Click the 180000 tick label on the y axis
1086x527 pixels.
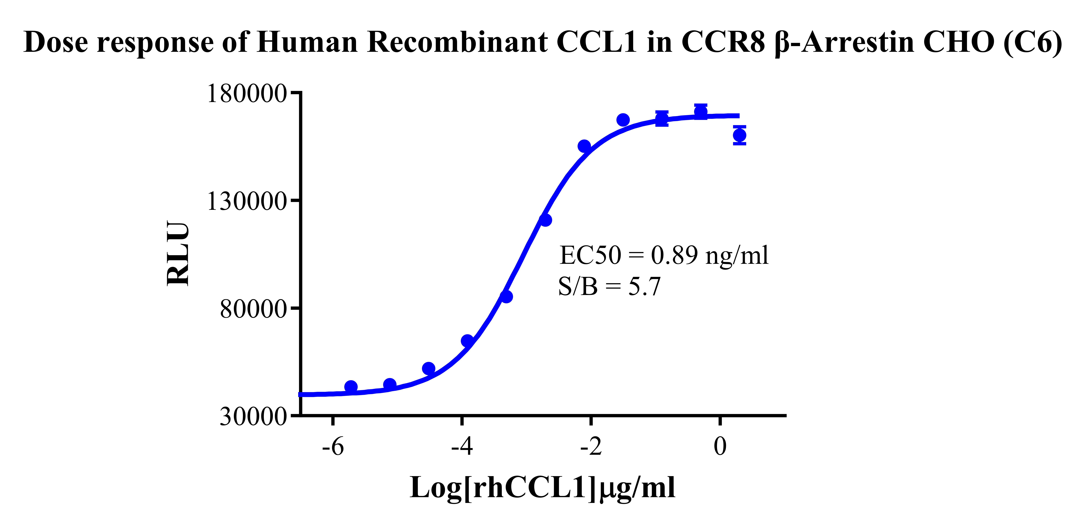pos(247,94)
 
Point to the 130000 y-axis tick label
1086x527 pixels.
pos(247,201)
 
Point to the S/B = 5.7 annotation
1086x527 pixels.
pos(609,287)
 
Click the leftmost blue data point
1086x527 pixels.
pos(351,387)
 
